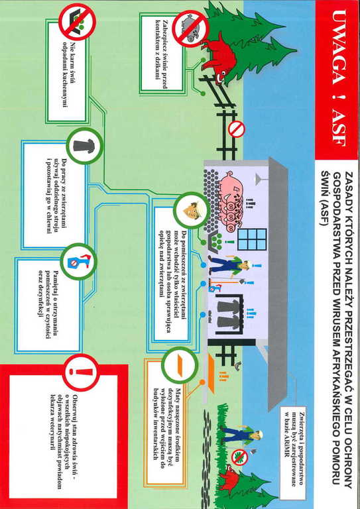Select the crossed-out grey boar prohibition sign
coord(190,28)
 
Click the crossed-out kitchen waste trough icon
coord(77,21)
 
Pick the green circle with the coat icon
coord(85,145)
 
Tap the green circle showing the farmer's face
coord(191,210)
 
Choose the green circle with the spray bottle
coord(79,262)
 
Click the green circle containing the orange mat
coord(180,366)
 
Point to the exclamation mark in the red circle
coord(82,372)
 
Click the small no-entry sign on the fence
coord(237,129)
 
